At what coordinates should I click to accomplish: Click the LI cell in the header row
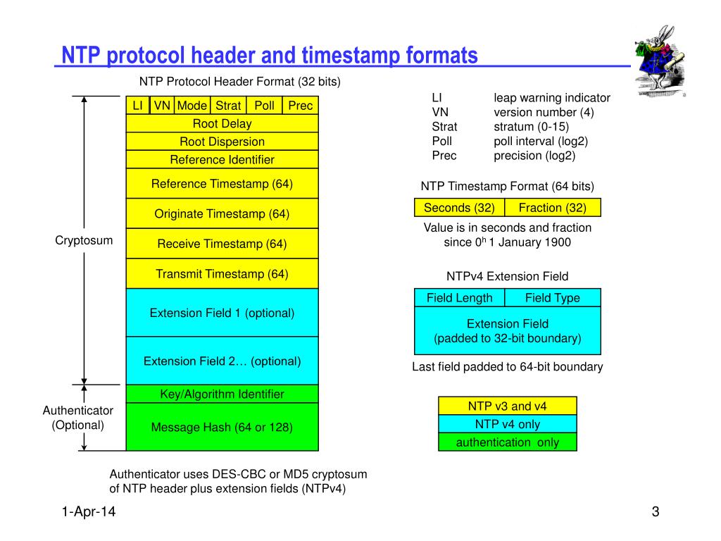pyautogui.click(x=138, y=106)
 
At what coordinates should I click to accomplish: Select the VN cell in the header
pyautogui.click(x=163, y=106)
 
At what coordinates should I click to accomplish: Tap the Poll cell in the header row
pyautogui.click(x=264, y=106)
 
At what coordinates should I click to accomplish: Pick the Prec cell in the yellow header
pyautogui.click(x=301, y=106)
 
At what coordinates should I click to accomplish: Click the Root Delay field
pyautogui.click(x=222, y=124)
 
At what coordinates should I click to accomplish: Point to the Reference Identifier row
pyautogui.click(x=222, y=160)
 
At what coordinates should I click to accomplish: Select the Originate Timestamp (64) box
pyautogui.click(x=222, y=214)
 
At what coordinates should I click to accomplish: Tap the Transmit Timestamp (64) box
pyautogui.click(x=222, y=274)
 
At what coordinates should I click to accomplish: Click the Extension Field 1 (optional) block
pyautogui.click(x=222, y=313)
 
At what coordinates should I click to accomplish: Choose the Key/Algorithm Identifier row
pyautogui.click(x=222, y=394)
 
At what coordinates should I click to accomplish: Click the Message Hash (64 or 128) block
pyautogui.click(x=222, y=427)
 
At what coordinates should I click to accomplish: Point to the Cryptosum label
pyautogui.click(x=84, y=241)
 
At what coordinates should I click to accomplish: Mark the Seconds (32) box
pyautogui.click(x=459, y=208)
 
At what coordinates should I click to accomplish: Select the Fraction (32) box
pyautogui.click(x=553, y=208)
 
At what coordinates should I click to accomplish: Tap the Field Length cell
pyautogui.click(x=459, y=298)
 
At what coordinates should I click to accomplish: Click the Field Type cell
pyautogui.click(x=553, y=298)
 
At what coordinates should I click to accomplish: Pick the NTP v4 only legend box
pyautogui.click(x=507, y=424)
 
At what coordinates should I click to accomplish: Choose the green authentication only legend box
pyautogui.click(x=507, y=442)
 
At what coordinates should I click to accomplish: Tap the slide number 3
pyautogui.click(x=655, y=513)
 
